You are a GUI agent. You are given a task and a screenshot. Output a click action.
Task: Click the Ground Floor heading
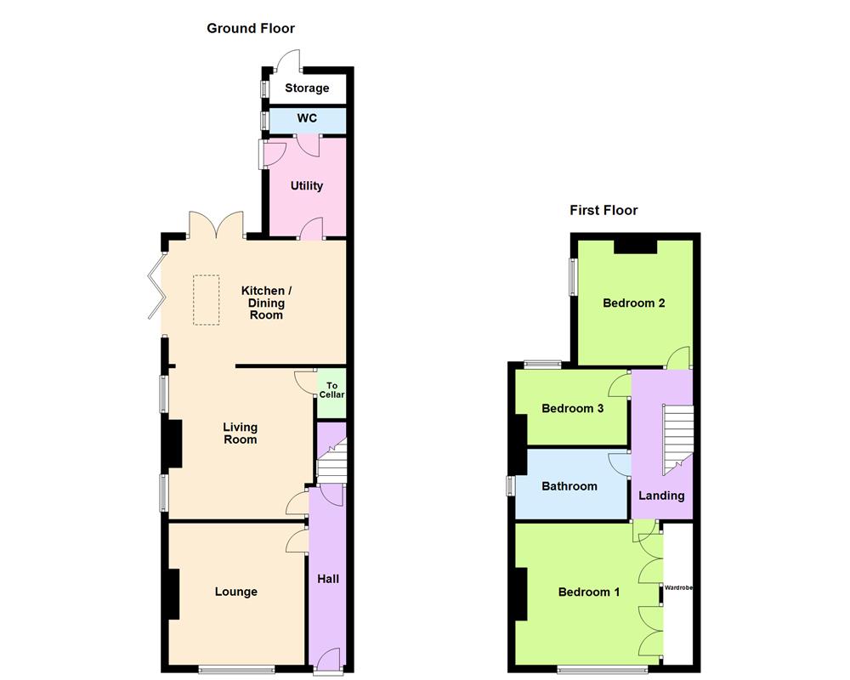coord(251,28)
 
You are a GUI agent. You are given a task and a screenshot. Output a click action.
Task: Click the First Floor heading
coord(603,210)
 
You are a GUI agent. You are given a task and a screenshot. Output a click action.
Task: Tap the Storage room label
coord(307,88)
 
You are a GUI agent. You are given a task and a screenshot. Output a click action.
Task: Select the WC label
coord(307,118)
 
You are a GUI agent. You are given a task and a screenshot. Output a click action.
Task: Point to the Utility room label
coord(307,185)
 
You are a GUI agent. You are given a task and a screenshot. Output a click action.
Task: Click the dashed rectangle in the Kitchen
coord(206,299)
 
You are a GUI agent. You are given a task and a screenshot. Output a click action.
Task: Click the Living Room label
coord(240,433)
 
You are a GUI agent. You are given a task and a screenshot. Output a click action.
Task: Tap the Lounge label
coord(235,592)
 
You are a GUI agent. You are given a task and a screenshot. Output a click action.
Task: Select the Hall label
coord(328,579)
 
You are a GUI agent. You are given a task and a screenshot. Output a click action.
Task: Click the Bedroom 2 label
coord(634,303)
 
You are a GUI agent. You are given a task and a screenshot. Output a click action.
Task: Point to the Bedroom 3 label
coord(573,408)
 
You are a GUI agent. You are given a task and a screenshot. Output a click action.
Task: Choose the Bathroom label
coord(569,486)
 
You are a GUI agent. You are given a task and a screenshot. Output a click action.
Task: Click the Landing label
coord(661,496)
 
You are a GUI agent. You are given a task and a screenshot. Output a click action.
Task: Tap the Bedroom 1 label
coord(589,592)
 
